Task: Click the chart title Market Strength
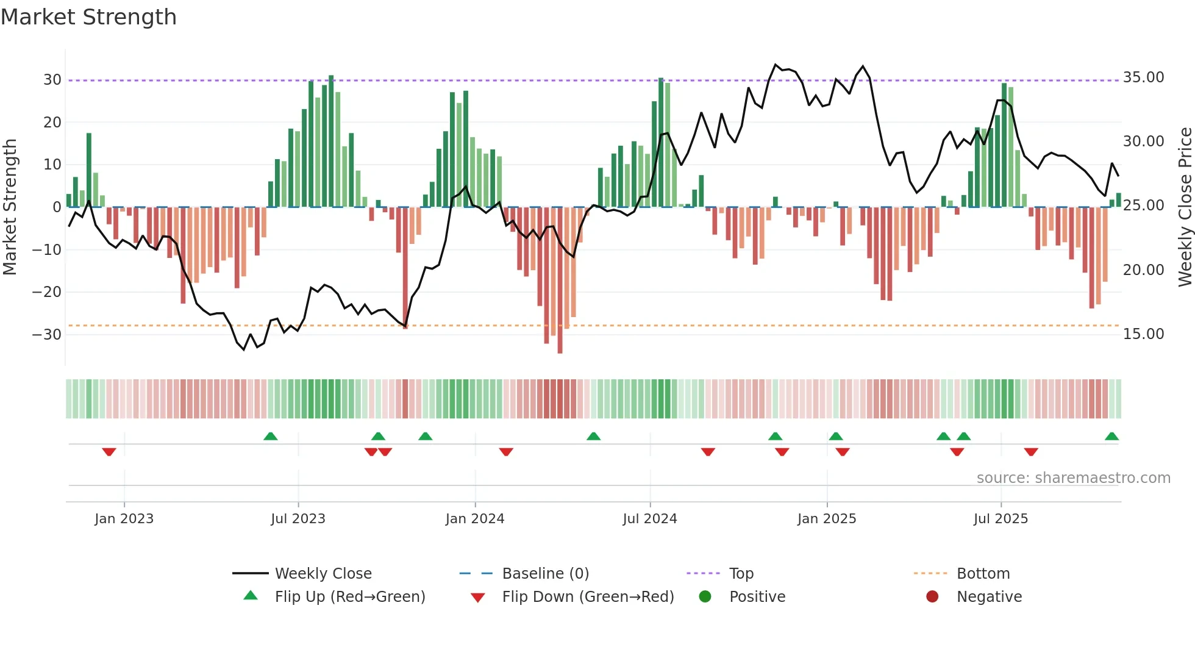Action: (x=89, y=17)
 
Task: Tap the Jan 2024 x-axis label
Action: (x=475, y=519)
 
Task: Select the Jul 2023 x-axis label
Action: (x=298, y=519)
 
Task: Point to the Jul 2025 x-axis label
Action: (x=1001, y=519)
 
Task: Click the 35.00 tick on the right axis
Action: (x=1143, y=77)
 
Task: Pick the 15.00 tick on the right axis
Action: (x=1143, y=334)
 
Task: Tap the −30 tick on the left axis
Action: (x=46, y=335)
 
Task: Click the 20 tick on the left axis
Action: (x=52, y=123)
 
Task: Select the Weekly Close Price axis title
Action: (x=1185, y=207)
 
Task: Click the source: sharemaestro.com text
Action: (x=1073, y=478)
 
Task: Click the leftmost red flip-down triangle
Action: (x=109, y=452)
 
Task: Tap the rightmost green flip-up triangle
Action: (x=1111, y=436)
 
